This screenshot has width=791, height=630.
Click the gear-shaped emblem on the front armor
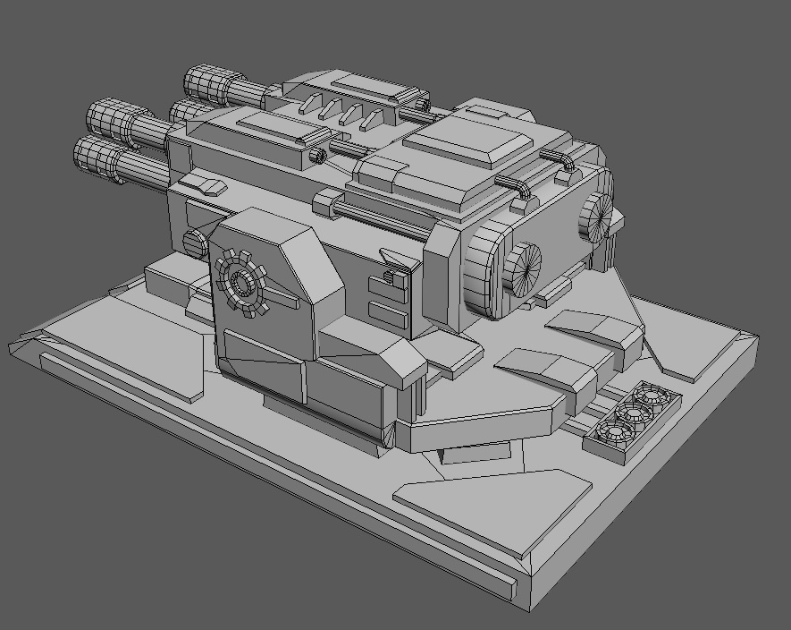click(x=242, y=284)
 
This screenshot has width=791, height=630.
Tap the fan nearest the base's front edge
click(x=615, y=434)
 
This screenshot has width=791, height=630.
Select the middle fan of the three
click(x=633, y=413)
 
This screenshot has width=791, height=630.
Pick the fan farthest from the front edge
click(x=651, y=395)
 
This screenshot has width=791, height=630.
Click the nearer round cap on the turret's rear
click(x=521, y=268)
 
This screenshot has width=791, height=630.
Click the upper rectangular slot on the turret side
click(x=386, y=285)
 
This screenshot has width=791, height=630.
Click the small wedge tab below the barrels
click(x=212, y=186)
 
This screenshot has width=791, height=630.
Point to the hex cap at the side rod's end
click(x=327, y=204)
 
